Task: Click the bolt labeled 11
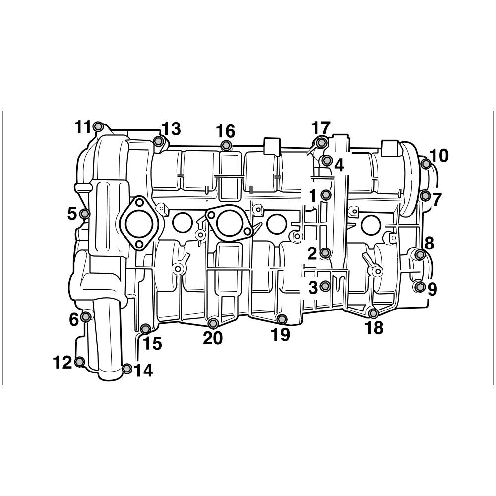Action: point(99,126)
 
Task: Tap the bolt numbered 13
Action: point(158,141)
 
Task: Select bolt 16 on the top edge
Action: point(225,145)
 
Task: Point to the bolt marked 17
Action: point(321,142)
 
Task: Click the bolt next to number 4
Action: point(326,161)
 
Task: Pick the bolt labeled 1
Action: point(326,195)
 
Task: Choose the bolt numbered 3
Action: point(325,286)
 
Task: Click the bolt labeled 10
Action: point(426,164)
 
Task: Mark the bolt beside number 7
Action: point(425,196)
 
